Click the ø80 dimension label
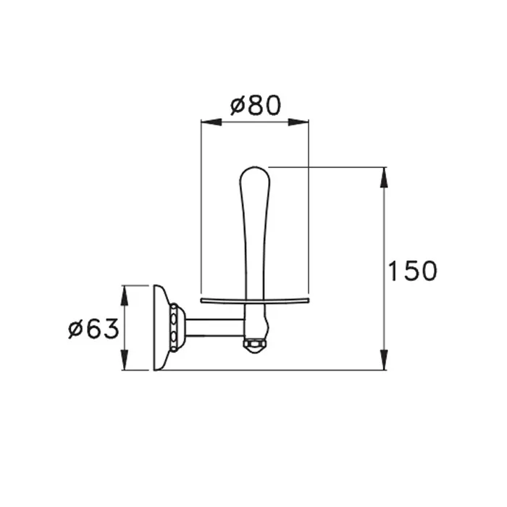click(x=256, y=105)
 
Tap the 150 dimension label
click(x=412, y=270)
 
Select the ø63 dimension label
click(x=93, y=329)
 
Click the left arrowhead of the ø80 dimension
click(x=211, y=122)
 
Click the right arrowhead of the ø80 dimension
click(x=298, y=122)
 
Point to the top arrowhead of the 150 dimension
click(x=383, y=177)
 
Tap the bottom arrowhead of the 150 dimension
click(x=383, y=359)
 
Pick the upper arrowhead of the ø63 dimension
click(x=124, y=296)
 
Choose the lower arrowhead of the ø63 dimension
click(x=124, y=359)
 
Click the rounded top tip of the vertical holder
click(x=255, y=167)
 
